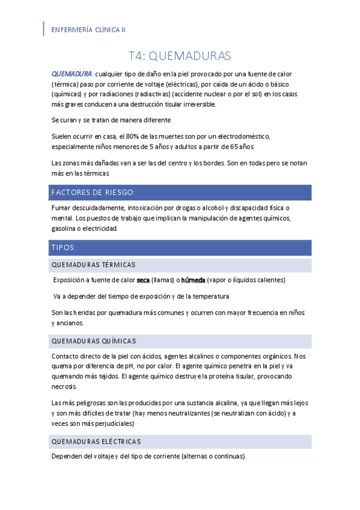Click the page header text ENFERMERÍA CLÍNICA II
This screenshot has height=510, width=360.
click(89, 29)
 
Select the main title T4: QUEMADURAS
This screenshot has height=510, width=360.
click(180, 56)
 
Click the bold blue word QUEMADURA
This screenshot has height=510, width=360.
click(72, 73)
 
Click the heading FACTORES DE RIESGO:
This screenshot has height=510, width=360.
click(93, 192)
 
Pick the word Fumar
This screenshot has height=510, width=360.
click(62, 207)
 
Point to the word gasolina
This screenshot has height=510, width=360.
click(67, 229)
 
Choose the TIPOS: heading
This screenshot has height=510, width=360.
click(64, 247)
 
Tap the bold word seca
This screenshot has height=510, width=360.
click(143, 280)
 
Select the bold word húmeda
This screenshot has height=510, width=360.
click(194, 280)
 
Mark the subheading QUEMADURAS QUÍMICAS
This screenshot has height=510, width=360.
click(94, 341)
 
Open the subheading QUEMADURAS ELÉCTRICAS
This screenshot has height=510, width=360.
click(96, 441)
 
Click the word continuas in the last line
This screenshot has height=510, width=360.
click(228, 456)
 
